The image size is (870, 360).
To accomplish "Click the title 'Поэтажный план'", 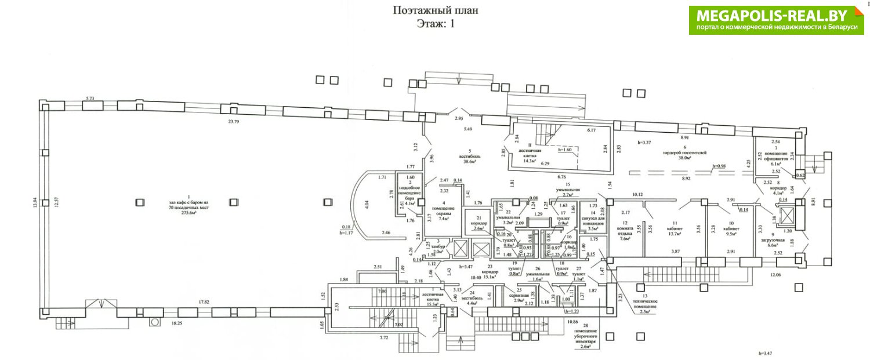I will click(436, 10).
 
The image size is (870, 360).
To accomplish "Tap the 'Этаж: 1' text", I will click(436, 23).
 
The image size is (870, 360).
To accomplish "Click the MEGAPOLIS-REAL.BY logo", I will click(776, 20).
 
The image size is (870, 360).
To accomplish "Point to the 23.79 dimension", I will click(234, 122).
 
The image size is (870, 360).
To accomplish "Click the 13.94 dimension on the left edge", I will click(35, 202).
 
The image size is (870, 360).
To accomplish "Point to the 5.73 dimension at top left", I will click(90, 99).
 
